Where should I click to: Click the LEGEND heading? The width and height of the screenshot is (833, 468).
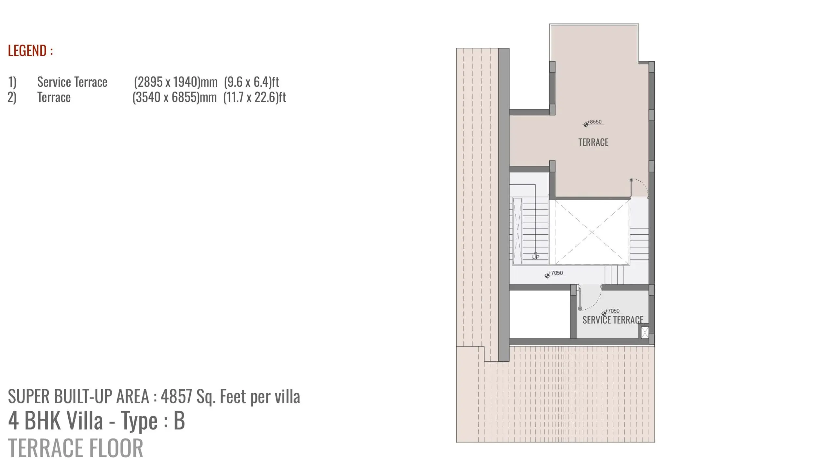tap(30, 51)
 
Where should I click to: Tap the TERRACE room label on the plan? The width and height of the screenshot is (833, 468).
tap(593, 142)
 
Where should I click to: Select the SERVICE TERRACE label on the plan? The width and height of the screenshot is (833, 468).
tap(613, 320)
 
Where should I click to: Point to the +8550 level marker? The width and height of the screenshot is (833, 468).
tap(594, 123)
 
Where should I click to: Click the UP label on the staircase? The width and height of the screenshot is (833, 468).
tap(536, 257)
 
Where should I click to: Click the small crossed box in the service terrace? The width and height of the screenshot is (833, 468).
tap(645, 332)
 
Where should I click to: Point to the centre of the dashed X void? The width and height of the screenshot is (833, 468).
tap(592, 232)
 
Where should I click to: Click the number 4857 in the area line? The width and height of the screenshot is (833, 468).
tap(176, 396)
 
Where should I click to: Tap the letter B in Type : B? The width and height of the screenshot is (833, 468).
tap(179, 421)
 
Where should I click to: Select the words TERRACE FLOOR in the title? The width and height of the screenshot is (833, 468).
tap(75, 448)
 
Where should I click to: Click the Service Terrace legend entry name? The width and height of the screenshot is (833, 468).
tap(72, 82)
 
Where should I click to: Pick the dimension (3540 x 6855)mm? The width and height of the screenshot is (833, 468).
tap(175, 97)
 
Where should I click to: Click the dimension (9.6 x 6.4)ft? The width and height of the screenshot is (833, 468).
tap(252, 82)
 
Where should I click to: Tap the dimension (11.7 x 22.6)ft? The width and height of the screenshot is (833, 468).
tap(255, 97)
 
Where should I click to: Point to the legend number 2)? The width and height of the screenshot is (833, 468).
tap(12, 97)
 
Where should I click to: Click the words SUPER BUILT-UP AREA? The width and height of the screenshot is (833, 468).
tap(78, 396)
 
